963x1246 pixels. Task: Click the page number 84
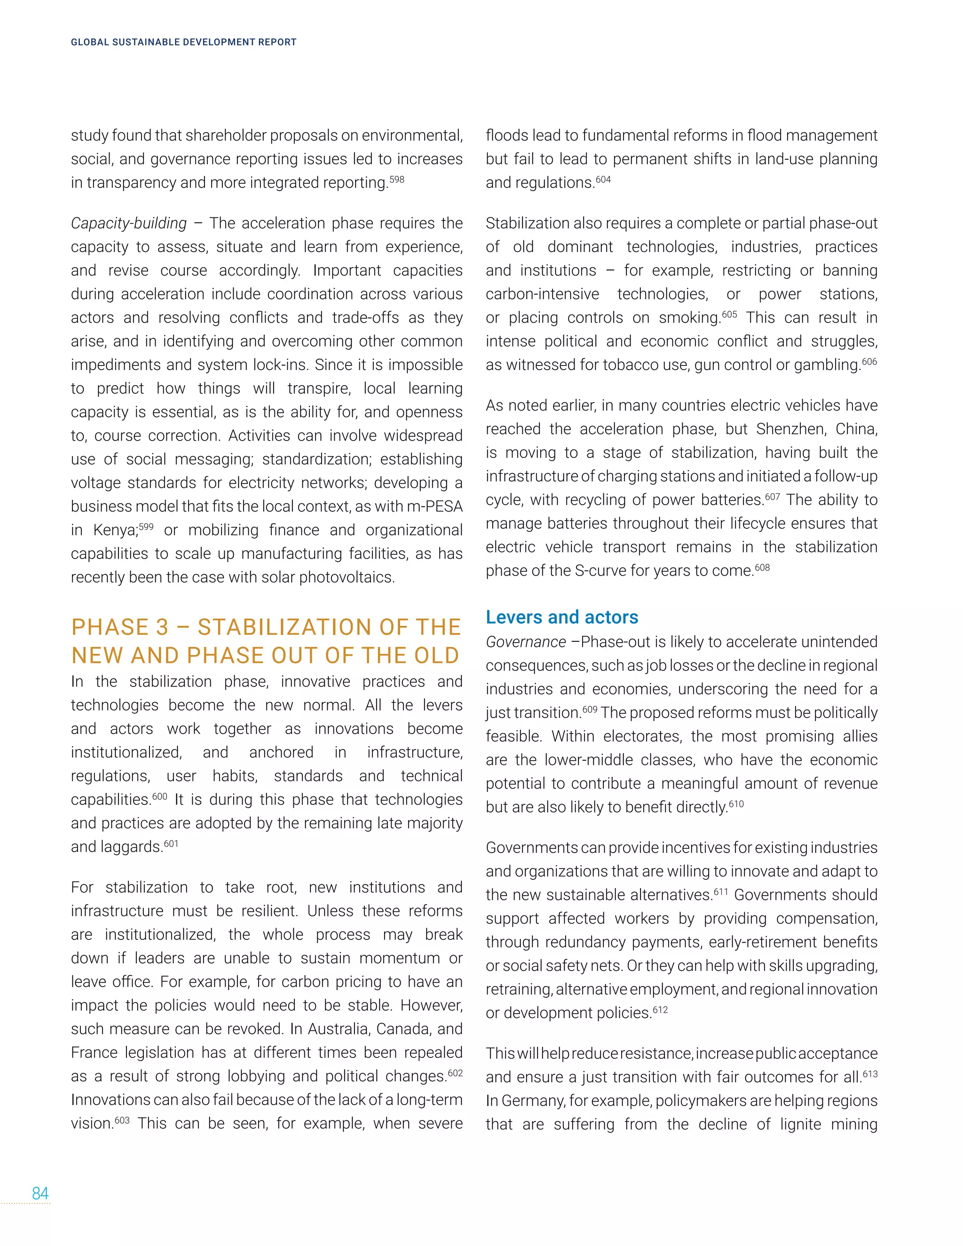tap(40, 1193)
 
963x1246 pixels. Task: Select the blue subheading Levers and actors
tap(561, 617)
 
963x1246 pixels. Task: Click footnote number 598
tap(396, 180)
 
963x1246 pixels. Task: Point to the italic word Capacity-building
tap(128, 223)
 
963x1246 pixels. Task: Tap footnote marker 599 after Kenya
tap(147, 527)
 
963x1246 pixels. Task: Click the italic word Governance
tap(525, 642)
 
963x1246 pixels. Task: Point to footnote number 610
tap(736, 804)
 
